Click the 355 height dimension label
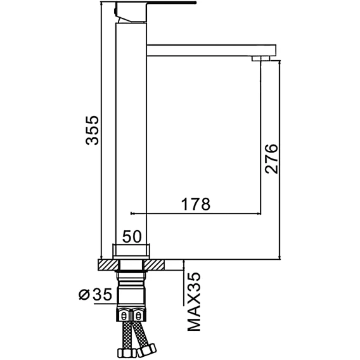coord(93,131)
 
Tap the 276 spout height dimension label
coord(271,158)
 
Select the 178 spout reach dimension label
coord(196,204)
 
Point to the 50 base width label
coord(132,236)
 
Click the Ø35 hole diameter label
coord(95,295)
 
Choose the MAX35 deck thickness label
coord(194,302)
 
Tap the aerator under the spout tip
coord(261,58)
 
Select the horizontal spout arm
coord(211,50)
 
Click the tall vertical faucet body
coord(131,133)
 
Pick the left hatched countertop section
coord(109,265)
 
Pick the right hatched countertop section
coord(153,265)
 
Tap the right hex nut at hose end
coord(147,349)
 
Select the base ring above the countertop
coord(131,252)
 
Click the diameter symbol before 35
coord(84,295)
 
